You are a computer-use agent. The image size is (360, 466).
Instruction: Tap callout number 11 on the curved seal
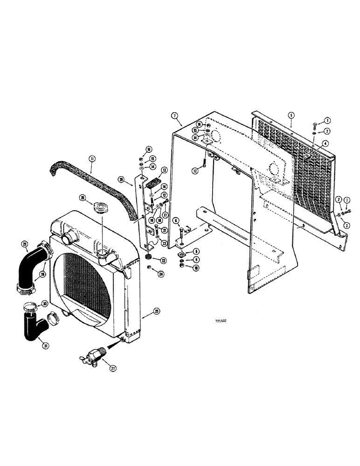pos(92,159)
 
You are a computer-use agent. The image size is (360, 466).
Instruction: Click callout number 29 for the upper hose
pos(24,244)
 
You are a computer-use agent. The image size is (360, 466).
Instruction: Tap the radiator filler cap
pos(101,208)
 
